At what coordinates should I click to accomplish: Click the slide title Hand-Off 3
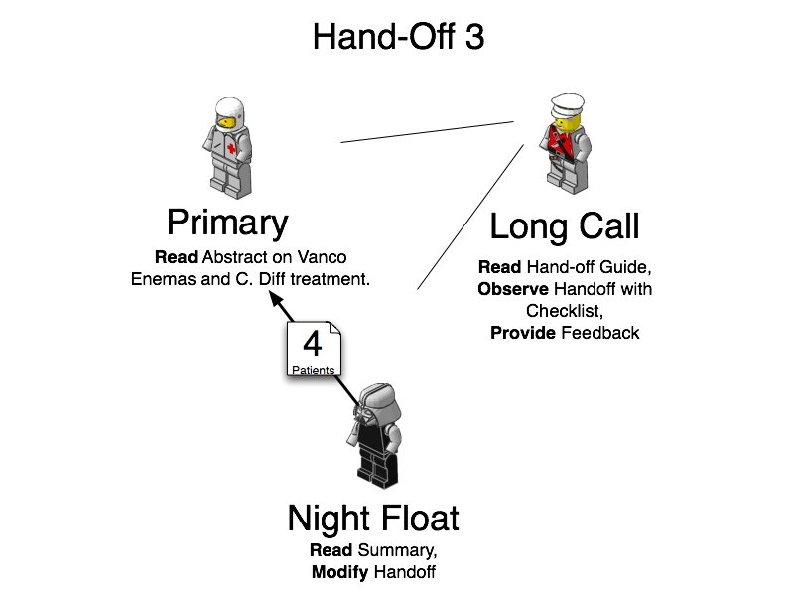(398, 37)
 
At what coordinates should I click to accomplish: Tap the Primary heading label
(227, 222)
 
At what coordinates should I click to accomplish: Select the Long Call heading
(565, 227)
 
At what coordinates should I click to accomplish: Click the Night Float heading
(373, 518)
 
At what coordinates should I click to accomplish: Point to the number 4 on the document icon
(313, 344)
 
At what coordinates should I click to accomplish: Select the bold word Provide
(523, 333)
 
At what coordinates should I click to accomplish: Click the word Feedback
(600, 333)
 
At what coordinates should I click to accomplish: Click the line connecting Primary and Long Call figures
(427, 132)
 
